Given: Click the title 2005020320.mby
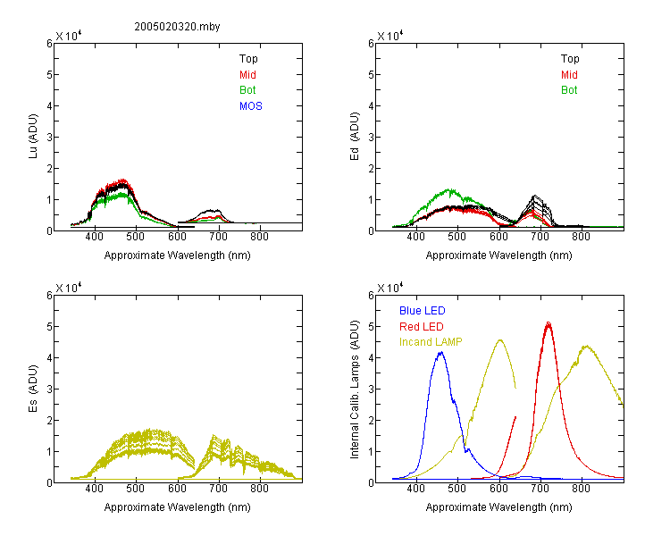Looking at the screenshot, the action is [x=177, y=27].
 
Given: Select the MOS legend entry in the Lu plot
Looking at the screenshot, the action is [x=250, y=106].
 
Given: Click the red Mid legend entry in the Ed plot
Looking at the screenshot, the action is [x=569, y=75].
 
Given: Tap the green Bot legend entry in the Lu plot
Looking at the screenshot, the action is [x=247, y=90].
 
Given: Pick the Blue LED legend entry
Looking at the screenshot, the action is [x=423, y=311].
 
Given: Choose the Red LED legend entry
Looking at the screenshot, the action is [x=422, y=327].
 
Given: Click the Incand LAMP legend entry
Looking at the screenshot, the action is [x=431, y=342].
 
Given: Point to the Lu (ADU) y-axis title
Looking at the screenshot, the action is [x=33, y=136].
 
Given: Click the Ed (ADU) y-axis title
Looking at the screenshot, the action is [x=355, y=137].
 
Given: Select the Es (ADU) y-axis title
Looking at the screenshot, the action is [x=33, y=389].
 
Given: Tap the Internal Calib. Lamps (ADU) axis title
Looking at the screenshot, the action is [x=355, y=389].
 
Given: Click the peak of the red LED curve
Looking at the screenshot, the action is [x=549, y=322].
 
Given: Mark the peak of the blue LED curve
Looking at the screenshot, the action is [x=441, y=352].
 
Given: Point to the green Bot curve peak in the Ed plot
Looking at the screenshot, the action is [x=449, y=189].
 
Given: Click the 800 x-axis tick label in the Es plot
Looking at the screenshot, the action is [x=259, y=489].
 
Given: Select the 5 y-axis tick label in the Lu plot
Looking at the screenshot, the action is [x=49, y=75].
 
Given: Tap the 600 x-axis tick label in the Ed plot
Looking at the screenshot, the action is [x=498, y=237].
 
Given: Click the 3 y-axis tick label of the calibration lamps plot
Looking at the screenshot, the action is [x=371, y=389].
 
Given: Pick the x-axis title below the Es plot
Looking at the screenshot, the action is [x=178, y=507].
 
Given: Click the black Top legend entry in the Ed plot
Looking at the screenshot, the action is [x=570, y=59].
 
